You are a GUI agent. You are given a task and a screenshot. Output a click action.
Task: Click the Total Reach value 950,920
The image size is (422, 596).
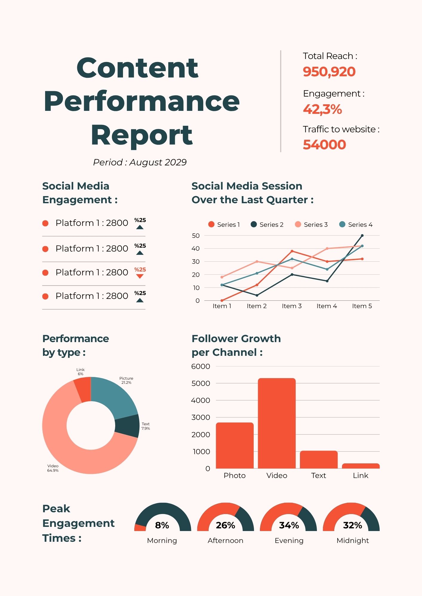329,72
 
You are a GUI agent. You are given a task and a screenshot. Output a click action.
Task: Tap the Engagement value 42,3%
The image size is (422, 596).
322,109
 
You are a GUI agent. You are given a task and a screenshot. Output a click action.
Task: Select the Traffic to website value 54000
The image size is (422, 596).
324,145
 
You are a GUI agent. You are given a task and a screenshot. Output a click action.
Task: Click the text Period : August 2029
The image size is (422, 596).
140,162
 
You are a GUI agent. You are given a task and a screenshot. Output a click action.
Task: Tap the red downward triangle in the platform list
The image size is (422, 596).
140,276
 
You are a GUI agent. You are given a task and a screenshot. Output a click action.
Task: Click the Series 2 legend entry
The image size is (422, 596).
267,225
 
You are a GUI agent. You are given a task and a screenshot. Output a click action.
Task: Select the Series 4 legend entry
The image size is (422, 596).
356,225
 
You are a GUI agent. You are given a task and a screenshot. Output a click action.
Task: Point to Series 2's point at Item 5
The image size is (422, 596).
362,235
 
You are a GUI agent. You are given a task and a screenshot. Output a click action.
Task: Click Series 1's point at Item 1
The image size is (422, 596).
222,300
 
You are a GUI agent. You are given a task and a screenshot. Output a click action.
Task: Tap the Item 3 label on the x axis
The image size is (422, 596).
292,306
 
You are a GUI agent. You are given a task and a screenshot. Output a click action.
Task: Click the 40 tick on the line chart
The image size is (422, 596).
196,249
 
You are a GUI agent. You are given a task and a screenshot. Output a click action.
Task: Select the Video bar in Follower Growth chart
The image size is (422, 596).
277,423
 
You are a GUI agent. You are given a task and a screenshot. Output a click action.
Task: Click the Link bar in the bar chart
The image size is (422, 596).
361,466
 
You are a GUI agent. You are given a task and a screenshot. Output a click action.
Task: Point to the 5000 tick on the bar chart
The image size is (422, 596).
201,383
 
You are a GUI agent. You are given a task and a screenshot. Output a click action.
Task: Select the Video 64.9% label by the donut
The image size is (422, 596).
53,468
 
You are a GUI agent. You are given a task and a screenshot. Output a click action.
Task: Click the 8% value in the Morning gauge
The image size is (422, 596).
162,525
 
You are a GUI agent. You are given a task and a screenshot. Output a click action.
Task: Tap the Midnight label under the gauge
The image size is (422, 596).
352,541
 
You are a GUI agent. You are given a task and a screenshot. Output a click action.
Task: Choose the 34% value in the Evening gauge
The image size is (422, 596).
289,525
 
